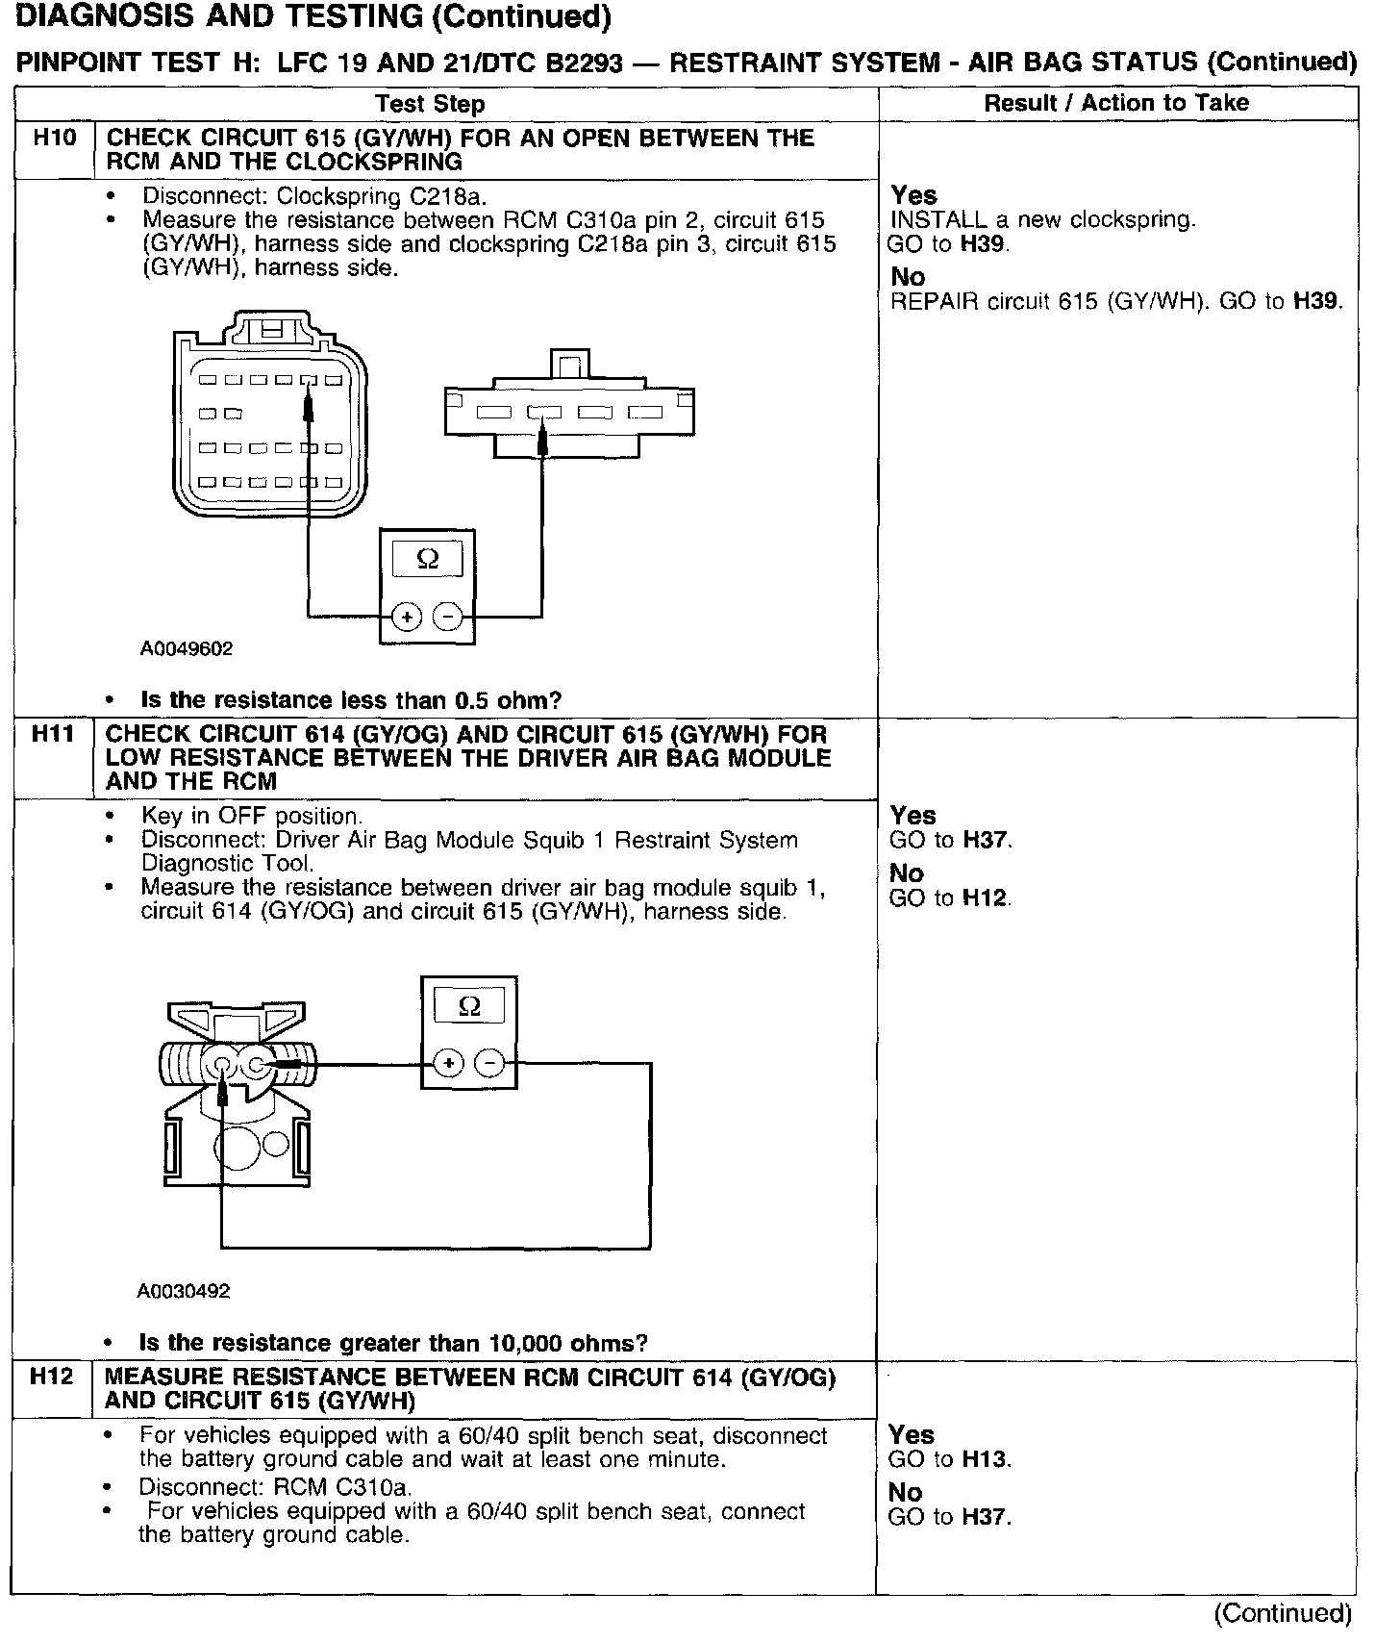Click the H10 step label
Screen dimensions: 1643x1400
(x=54, y=138)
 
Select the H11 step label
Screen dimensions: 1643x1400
(x=53, y=734)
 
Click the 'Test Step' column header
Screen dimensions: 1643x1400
(x=430, y=104)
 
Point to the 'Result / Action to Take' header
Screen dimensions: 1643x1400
(x=1116, y=103)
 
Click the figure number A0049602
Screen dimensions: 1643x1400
(x=187, y=649)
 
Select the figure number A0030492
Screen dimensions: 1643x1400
(x=184, y=1291)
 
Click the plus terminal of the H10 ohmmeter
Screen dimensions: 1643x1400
(x=407, y=617)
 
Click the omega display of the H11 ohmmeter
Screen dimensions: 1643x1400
(x=469, y=1006)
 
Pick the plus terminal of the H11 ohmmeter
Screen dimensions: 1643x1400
(x=448, y=1063)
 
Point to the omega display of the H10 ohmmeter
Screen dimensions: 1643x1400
(x=428, y=560)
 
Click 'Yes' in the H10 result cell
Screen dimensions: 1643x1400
(x=913, y=195)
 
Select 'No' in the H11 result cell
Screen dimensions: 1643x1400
(x=907, y=873)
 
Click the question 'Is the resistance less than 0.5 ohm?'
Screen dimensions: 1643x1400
(x=351, y=700)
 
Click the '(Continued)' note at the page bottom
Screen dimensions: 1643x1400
(x=1283, y=1612)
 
